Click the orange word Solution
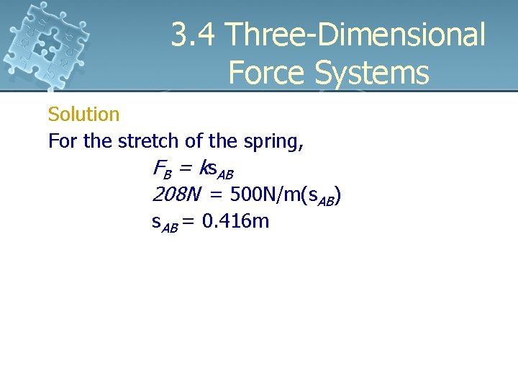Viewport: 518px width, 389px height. (83, 115)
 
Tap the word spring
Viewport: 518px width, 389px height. (274, 142)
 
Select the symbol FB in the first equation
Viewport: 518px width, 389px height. (163, 170)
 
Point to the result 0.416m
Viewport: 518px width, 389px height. (235, 220)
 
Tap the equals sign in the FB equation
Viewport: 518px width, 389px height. (186, 170)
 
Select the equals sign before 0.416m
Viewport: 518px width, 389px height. (189, 221)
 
